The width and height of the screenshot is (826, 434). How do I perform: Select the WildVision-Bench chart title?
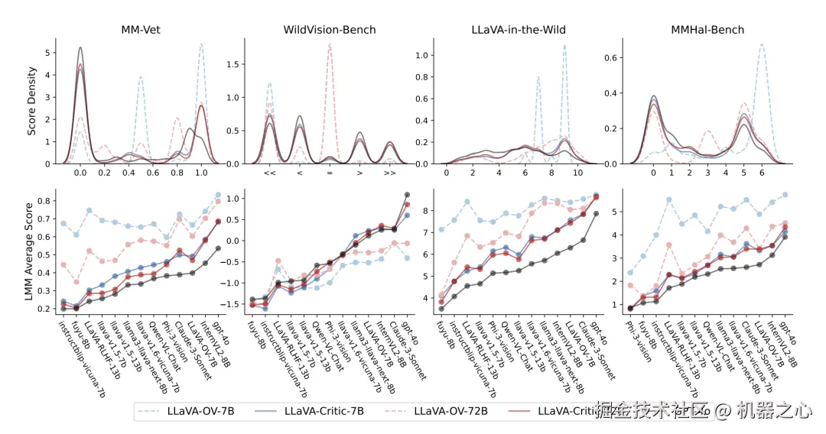(330, 30)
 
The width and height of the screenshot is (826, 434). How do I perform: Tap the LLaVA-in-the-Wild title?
(518, 30)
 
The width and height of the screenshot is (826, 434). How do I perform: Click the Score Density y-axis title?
(31, 100)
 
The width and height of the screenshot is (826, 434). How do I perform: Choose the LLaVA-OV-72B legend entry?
(451, 411)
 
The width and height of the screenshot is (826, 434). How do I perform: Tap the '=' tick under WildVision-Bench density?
(330, 173)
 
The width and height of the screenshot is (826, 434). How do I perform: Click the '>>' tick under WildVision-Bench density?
(389, 173)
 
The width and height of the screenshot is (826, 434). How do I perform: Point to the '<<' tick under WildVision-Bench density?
(269, 173)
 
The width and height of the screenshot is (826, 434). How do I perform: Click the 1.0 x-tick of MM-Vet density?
(201, 173)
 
